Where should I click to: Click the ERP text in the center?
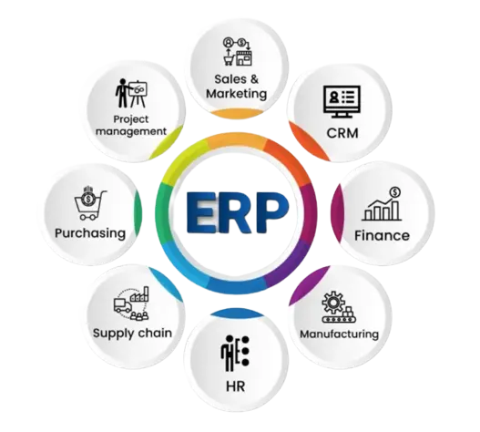pos(238,212)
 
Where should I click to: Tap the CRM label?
pos(342,133)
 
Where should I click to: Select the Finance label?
pos(382,236)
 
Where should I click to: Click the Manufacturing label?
pos(339,334)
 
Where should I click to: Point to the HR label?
pos(235,386)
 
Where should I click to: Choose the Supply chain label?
pos(132,334)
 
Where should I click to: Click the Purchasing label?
pos(90,233)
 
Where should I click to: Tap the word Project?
pos(131,119)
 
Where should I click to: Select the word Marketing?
pos(236,94)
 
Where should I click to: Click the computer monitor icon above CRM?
pos(342,101)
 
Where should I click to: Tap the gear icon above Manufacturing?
pos(333,302)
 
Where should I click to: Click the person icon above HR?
pos(228,354)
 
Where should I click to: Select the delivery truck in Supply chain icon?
pos(123,305)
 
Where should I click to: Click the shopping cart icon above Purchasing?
pos(89,204)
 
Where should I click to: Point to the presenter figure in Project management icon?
pos(122,93)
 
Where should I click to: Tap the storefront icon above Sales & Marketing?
pos(244,58)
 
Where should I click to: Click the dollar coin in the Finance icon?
pos(395,192)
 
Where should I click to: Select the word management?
pos(131,132)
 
